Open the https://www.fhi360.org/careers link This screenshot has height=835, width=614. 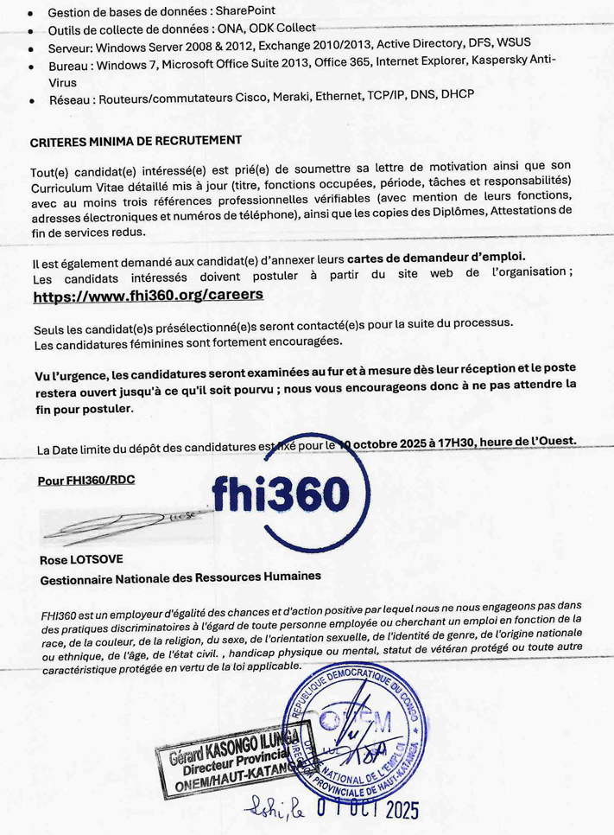(148, 295)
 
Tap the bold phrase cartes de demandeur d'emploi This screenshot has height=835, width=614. (436, 258)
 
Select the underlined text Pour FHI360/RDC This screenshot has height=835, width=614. (88, 480)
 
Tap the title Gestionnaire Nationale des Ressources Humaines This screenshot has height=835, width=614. (180, 576)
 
